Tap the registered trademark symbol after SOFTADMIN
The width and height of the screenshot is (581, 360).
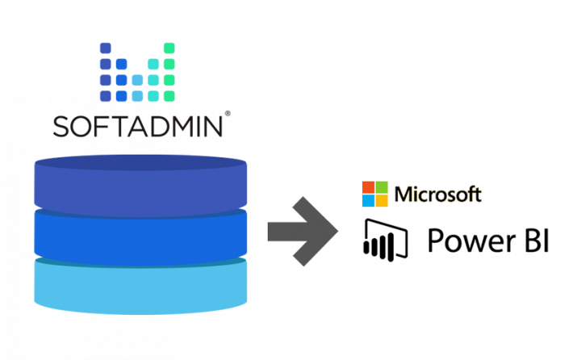pyautogui.click(x=229, y=114)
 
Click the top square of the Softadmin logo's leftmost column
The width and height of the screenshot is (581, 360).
pyautogui.click(x=106, y=48)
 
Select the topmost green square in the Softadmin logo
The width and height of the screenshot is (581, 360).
pyautogui.click(x=169, y=48)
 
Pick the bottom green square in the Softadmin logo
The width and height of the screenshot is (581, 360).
pyautogui.click(x=169, y=96)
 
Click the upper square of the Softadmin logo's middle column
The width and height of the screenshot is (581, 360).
pyautogui.click(x=137, y=80)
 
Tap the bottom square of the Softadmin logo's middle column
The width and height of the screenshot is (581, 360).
pyautogui.click(x=137, y=96)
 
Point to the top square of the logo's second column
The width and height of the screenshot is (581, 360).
pyautogui.click(x=121, y=64)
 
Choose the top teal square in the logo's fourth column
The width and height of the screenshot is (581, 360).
pyautogui.click(x=153, y=64)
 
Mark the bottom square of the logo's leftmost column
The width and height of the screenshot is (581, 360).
pyautogui.click(x=106, y=96)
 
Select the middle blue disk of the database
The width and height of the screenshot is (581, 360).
pyautogui.click(x=140, y=233)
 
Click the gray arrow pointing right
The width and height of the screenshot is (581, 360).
pyautogui.click(x=303, y=232)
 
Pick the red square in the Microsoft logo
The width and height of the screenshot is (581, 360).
pyautogui.click(x=368, y=186)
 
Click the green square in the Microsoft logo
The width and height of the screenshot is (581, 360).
pyautogui.click(x=382, y=186)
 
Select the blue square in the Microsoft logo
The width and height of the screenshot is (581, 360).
pyautogui.click(x=368, y=200)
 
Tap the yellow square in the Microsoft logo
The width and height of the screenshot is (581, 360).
pyautogui.click(x=382, y=200)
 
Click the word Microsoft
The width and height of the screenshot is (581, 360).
pyautogui.click(x=437, y=194)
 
